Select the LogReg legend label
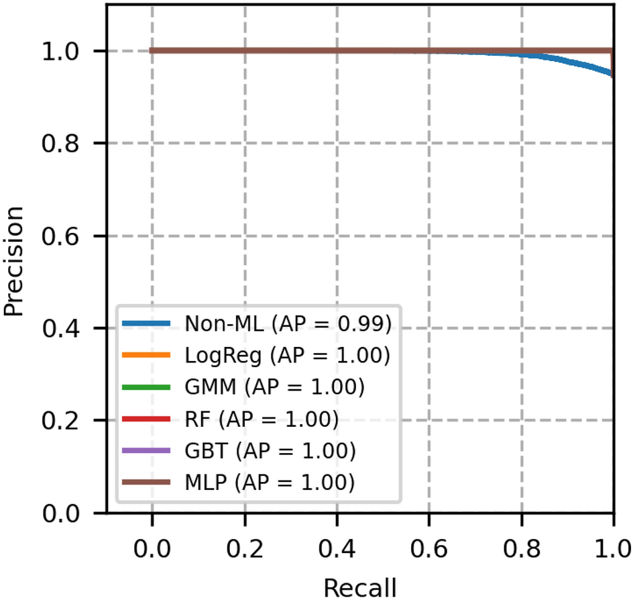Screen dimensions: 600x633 [x=286, y=355]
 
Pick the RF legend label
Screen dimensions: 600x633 [x=261, y=419]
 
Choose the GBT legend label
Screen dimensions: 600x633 [x=269, y=450]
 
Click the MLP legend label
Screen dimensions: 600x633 [x=268, y=482]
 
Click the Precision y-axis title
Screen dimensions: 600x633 [x=15, y=260]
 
